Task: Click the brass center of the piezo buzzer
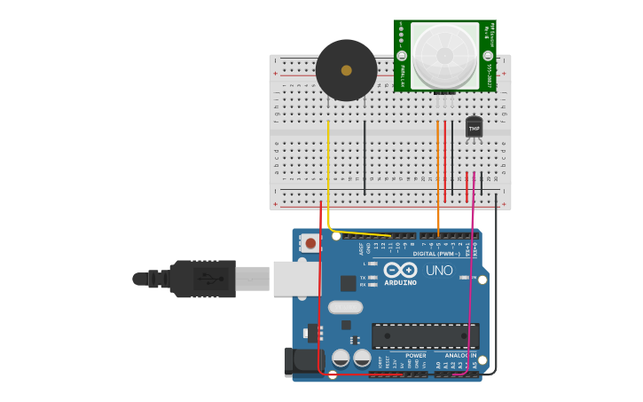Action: click(x=346, y=70)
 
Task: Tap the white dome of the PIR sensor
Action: click(x=444, y=55)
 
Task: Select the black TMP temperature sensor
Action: click(x=474, y=128)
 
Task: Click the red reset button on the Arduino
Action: click(x=310, y=242)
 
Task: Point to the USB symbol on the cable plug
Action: click(x=209, y=278)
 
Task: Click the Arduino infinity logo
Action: click(x=400, y=270)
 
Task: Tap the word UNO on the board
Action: click(x=439, y=271)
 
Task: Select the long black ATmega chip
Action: click(x=425, y=336)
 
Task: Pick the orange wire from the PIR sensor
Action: click(x=438, y=177)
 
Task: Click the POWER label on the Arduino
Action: click(x=415, y=355)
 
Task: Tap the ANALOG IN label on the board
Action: click(x=459, y=355)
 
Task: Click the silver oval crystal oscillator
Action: click(x=345, y=307)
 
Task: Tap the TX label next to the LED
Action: click(x=363, y=278)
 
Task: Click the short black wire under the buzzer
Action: click(x=365, y=158)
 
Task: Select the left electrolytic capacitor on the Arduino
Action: click(x=341, y=359)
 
